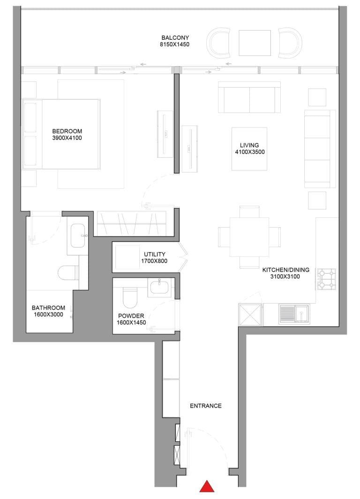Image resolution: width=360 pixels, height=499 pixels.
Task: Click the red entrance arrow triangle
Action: (207, 487)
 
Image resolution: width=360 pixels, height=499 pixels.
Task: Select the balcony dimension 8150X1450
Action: (176, 45)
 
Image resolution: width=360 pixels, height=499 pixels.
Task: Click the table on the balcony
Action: (255, 43)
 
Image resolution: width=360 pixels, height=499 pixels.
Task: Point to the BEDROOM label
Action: (67, 131)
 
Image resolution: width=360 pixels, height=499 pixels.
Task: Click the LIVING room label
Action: (249, 145)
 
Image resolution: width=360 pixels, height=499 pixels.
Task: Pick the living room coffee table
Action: (249, 149)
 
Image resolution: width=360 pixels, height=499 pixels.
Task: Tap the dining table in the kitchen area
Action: (249, 237)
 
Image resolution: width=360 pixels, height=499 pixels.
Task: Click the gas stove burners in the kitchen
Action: (326, 279)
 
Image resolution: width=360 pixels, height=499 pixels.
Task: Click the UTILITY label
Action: (154, 254)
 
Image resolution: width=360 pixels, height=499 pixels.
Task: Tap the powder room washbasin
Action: (160, 287)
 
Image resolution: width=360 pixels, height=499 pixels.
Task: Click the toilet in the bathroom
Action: (65, 273)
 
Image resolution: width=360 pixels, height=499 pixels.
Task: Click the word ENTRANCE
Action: (205, 406)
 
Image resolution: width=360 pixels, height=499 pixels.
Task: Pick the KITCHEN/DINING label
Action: (281, 270)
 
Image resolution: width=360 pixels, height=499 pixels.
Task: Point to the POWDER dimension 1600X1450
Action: (131, 323)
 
